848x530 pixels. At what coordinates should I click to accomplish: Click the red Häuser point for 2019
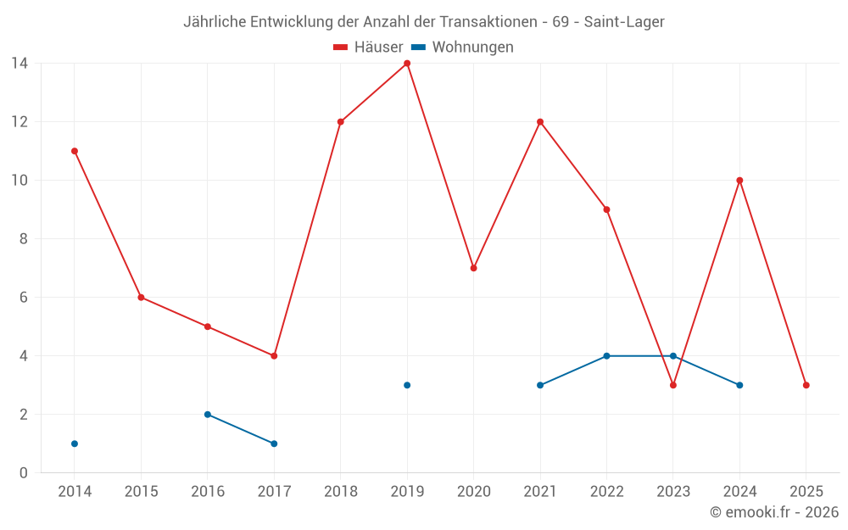[407, 64]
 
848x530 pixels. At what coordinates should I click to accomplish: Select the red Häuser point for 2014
[75, 151]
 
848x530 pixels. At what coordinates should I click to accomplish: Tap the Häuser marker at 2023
[673, 385]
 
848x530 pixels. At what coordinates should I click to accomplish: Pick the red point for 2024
[739, 181]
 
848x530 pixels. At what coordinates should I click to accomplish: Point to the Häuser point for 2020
[474, 268]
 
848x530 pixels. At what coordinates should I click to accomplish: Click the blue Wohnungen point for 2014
[75, 444]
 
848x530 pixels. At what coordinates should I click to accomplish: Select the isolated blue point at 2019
[407, 385]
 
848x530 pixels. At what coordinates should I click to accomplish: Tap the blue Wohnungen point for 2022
[606, 356]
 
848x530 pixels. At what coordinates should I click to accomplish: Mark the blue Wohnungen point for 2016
[208, 415]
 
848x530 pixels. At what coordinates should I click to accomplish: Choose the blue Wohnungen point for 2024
[739, 385]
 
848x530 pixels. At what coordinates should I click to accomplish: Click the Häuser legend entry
[368, 47]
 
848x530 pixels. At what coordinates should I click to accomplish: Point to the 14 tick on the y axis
[19, 64]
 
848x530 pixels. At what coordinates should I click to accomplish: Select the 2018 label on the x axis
[341, 492]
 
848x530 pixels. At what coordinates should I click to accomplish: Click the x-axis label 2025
[806, 492]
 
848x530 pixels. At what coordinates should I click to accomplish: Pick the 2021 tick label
[540, 492]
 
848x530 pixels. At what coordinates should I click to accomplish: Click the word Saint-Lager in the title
[624, 21]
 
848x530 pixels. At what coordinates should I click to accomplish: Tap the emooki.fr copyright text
[774, 512]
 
